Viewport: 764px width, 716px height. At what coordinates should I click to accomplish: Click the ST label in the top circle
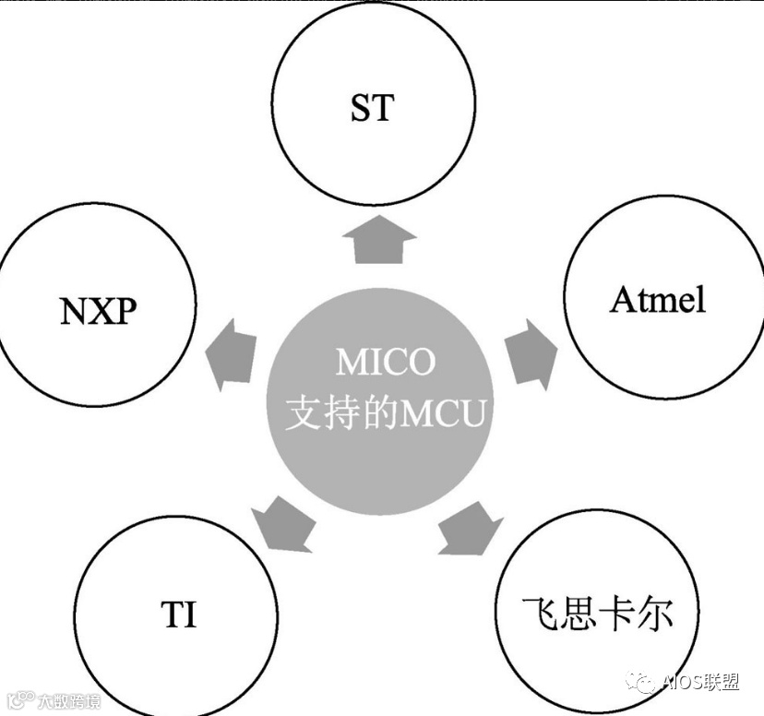[x=372, y=107]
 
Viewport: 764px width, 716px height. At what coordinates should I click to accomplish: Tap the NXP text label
[x=98, y=312]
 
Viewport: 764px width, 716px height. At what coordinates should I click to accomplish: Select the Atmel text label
[x=657, y=300]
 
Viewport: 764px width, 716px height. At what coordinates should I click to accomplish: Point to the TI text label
[x=179, y=614]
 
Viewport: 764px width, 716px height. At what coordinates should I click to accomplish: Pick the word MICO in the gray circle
[x=385, y=363]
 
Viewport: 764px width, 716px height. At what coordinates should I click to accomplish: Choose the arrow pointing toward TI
[x=282, y=523]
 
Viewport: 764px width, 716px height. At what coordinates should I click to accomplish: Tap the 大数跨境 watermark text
[x=70, y=700]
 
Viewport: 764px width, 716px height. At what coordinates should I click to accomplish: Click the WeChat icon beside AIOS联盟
[x=642, y=682]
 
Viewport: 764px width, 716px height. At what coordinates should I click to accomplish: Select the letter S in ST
[x=361, y=107]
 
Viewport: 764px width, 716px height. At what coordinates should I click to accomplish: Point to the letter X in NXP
[x=98, y=312]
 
